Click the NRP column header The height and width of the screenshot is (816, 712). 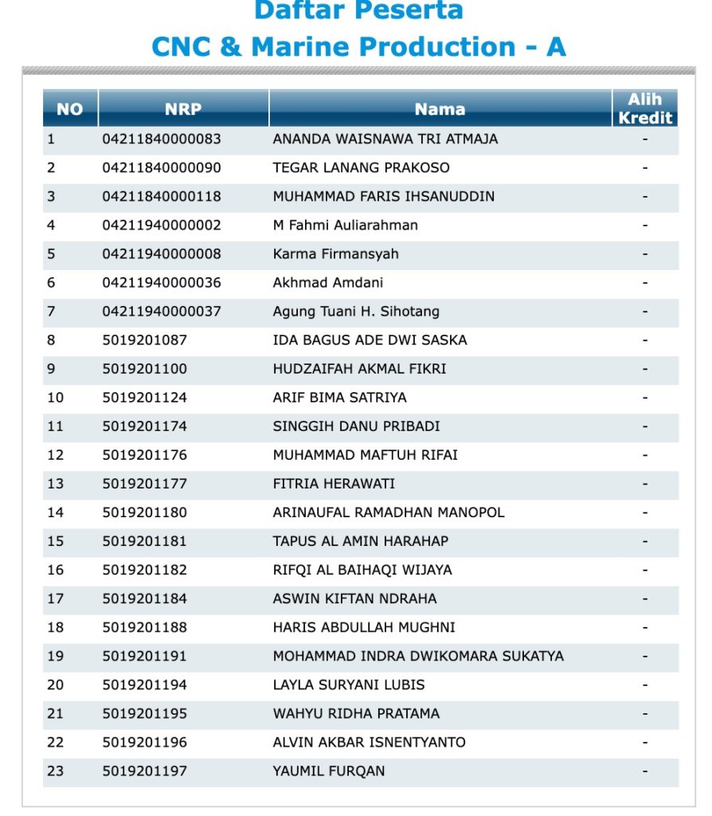(183, 109)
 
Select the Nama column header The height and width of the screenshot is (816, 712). (440, 109)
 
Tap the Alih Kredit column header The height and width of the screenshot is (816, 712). (645, 108)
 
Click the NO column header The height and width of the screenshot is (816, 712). (70, 109)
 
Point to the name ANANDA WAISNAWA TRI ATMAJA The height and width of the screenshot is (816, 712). (385, 139)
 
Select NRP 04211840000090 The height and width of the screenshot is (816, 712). (162, 167)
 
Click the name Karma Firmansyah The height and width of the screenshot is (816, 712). (336, 253)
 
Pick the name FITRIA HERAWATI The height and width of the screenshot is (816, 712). (334, 484)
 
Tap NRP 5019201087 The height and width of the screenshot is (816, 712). (145, 340)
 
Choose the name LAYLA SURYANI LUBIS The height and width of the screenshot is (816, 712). (349, 685)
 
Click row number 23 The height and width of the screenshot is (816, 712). (55, 771)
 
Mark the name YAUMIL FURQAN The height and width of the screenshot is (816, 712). (329, 771)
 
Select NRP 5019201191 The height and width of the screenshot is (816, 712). (145, 656)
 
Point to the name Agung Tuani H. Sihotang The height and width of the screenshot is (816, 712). (356, 312)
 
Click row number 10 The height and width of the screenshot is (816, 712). (55, 398)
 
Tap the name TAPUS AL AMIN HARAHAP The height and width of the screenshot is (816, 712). (361, 541)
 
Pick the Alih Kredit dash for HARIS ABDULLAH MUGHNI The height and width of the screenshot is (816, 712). (645, 627)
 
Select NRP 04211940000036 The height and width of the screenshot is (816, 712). (162, 283)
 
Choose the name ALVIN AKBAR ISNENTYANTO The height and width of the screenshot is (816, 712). (370, 742)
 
